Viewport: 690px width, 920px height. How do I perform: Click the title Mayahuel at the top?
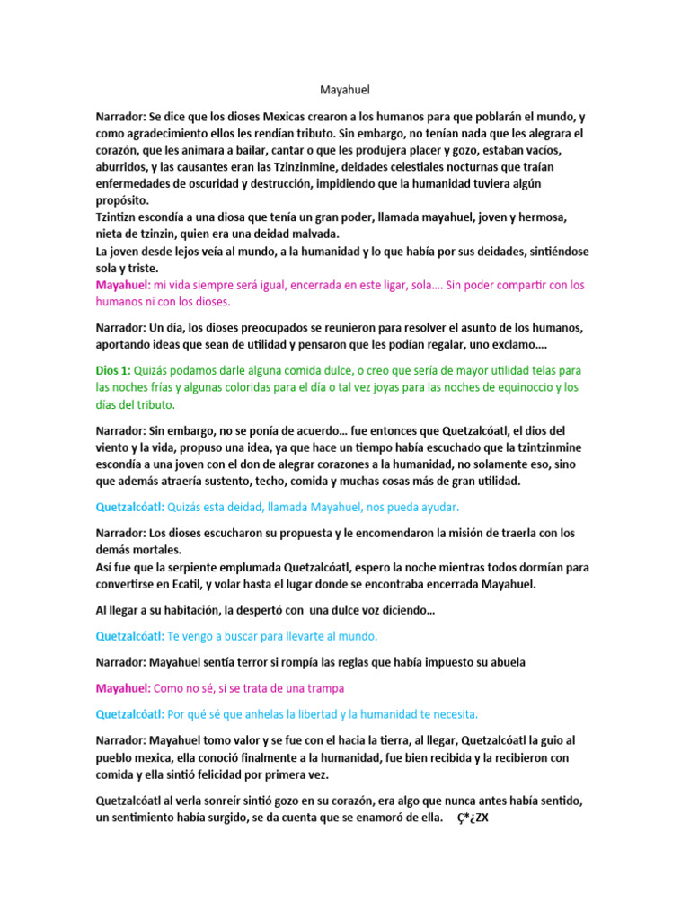pos(345,90)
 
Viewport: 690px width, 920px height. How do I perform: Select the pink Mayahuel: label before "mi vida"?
pos(123,285)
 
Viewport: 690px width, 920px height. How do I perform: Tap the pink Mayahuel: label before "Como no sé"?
pos(123,687)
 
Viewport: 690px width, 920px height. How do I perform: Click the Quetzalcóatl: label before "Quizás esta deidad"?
pos(130,506)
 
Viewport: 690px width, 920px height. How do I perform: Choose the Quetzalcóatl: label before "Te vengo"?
pos(130,635)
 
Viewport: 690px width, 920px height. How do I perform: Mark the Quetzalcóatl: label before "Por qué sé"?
pos(130,713)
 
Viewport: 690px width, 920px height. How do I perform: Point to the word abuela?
pos(507,662)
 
